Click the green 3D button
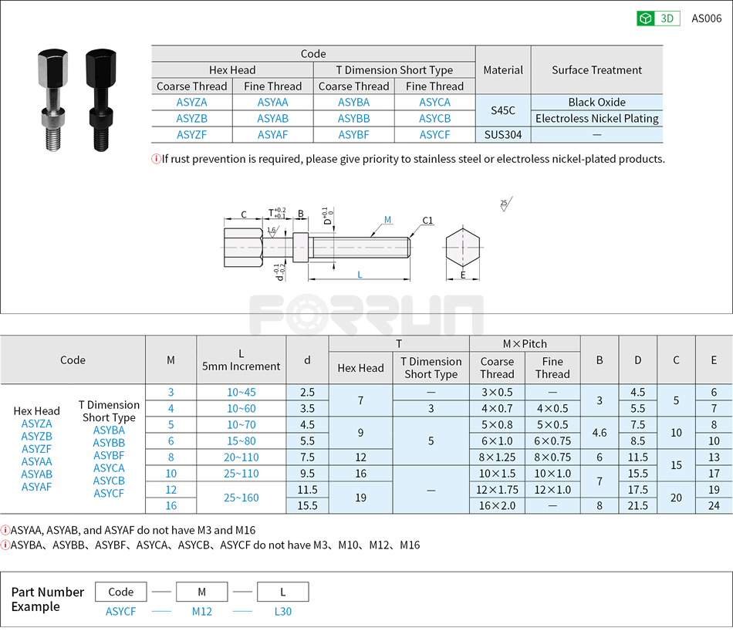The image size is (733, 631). pos(657,19)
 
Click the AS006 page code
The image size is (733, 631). pos(706,19)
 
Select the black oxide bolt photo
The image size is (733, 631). pos(100,100)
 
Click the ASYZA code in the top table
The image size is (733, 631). pos(191,103)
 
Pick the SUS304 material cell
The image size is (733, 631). pos(503,135)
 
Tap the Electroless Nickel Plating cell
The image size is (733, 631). pos(596,119)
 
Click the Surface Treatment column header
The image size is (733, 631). pos(596,70)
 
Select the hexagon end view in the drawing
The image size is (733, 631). pos(463,249)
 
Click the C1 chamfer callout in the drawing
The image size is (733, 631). pos(427,221)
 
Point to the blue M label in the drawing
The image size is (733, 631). pos(388,221)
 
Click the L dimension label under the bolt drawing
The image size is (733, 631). pos(360,275)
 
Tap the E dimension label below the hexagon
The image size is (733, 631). pos(463,275)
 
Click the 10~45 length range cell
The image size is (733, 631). pos(241,393)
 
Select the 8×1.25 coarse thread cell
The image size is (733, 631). pos(497,457)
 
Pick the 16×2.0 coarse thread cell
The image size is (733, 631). pos(497,506)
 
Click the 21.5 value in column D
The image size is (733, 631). pos(637,506)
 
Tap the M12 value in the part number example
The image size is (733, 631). pos(201,612)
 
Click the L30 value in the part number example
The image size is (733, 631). pos(282,612)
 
